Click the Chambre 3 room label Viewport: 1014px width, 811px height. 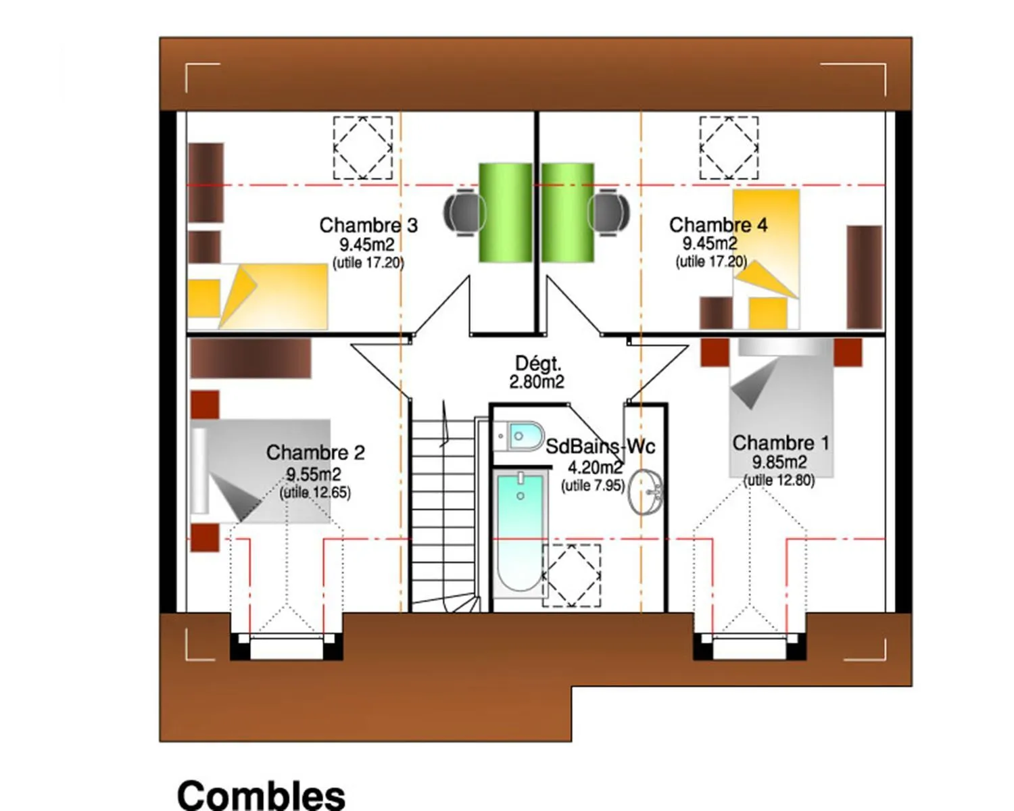[x=368, y=225]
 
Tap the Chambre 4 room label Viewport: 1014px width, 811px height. [x=718, y=225]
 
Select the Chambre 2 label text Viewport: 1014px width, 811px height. [x=315, y=452]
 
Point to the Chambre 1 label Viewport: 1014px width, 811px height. [x=780, y=443]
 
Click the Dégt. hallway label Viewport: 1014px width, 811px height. [x=538, y=364]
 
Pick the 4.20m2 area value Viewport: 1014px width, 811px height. [x=596, y=468]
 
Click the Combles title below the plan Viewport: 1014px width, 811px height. [x=261, y=795]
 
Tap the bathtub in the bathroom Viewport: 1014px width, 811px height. [x=521, y=533]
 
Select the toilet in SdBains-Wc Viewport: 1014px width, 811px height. [x=518, y=436]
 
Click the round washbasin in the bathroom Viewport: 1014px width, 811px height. [x=646, y=492]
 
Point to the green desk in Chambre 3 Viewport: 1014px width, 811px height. [x=506, y=212]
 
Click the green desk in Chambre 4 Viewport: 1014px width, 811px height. [x=568, y=212]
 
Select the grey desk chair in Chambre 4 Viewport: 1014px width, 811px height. [x=608, y=212]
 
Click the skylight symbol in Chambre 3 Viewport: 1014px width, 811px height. [x=363, y=148]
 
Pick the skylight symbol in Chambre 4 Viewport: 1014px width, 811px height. [x=729, y=148]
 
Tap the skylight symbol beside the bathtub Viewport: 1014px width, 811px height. [x=571, y=576]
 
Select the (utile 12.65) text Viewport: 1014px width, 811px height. [x=315, y=493]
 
